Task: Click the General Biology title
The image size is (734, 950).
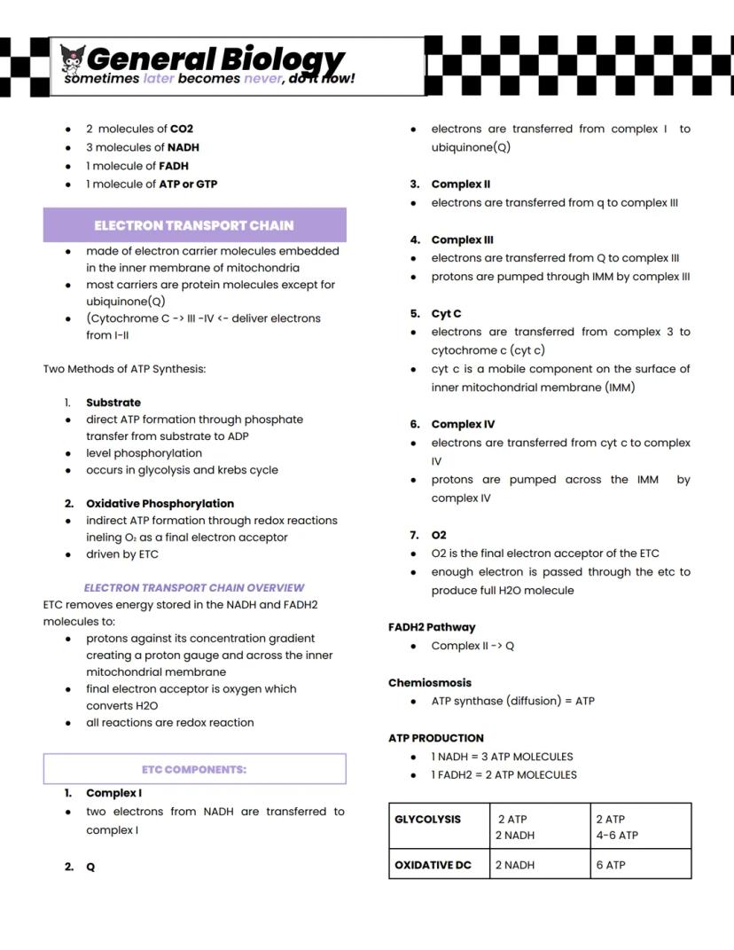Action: click(215, 59)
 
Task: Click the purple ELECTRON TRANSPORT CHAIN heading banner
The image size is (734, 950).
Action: click(194, 225)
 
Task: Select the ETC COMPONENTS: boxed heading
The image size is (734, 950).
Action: click(194, 769)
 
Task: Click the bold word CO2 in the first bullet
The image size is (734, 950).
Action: click(182, 129)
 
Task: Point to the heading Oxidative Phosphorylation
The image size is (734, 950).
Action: click(160, 503)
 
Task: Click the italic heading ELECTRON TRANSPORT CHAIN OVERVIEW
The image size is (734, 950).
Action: click(194, 587)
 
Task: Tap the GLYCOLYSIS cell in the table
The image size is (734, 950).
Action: click(428, 820)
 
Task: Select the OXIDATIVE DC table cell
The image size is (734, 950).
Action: click(433, 865)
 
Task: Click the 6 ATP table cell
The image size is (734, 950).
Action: click(611, 865)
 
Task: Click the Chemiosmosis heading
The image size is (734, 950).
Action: click(430, 683)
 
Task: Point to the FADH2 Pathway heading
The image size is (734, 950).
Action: click(432, 627)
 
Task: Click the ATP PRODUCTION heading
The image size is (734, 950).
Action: click(436, 738)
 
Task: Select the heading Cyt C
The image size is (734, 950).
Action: click(446, 313)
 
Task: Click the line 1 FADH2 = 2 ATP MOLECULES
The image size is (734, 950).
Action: click(504, 774)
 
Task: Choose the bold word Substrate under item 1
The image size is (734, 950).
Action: click(113, 403)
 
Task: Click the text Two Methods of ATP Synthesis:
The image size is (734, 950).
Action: click(124, 368)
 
